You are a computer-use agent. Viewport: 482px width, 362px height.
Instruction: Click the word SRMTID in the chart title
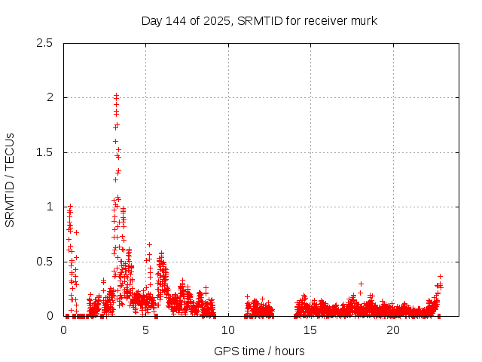click(x=259, y=20)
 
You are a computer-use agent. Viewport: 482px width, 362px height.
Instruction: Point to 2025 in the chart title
click(x=212, y=20)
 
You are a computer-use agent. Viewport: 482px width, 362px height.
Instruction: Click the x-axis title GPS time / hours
click(x=259, y=351)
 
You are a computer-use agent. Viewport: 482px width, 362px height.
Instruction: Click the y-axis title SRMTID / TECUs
click(x=11, y=179)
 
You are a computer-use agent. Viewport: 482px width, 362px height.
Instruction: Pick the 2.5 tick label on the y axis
click(x=45, y=43)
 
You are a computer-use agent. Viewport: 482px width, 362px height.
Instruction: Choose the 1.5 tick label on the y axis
click(x=45, y=152)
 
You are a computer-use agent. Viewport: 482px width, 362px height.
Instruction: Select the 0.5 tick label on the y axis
click(x=45, y=262)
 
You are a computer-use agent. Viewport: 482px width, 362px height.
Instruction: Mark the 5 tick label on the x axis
click(x=146, y=330)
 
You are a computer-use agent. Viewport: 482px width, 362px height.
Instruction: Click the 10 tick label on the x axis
click(x=228, y=330)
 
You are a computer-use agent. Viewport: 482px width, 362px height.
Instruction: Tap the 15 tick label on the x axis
click(x=311, y=330)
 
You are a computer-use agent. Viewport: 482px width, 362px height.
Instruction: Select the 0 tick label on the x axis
click(x=63, y=330)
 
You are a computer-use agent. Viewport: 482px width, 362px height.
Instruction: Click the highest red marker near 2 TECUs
click(x=116, y=96)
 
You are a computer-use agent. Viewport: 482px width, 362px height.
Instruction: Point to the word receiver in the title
click(x=325, y=20)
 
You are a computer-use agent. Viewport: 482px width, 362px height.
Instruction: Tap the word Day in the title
click(x=151, y=20)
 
